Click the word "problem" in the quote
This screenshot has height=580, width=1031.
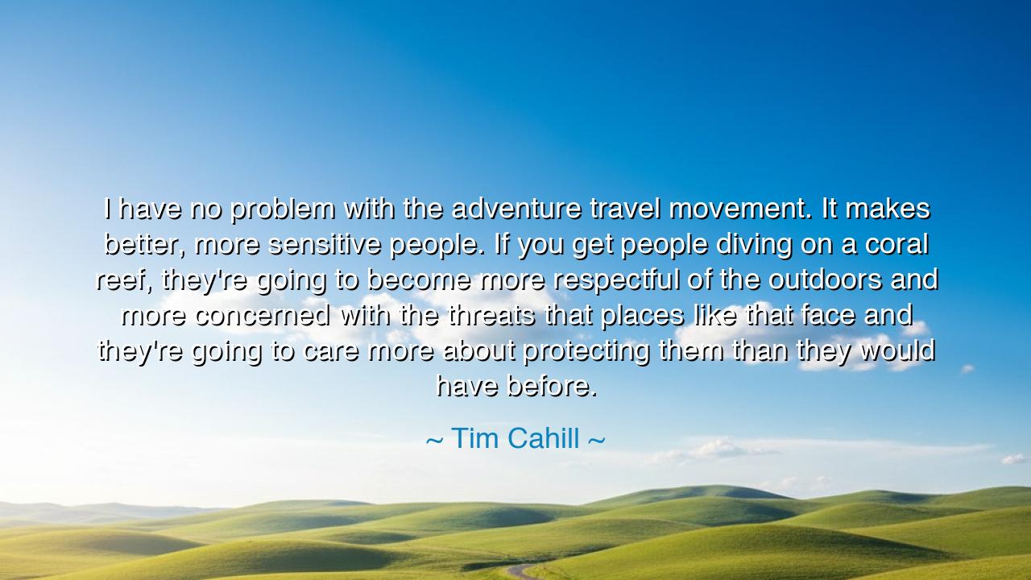click(282, 209)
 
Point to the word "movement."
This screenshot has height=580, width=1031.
click(741, 209)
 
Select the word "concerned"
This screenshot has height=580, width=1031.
click(262, 316)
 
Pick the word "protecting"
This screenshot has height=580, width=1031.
click(586, 351)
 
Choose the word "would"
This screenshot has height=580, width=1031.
click(897, 351)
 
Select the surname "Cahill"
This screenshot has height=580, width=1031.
click(544, 439)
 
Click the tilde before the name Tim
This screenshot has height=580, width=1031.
click(434, 441)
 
